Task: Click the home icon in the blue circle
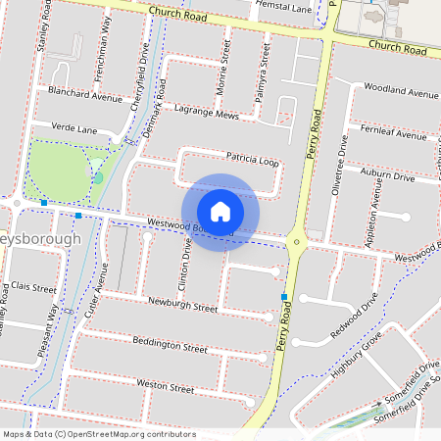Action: [220, 212]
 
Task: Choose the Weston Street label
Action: [166, 387]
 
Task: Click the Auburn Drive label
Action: [388, 175]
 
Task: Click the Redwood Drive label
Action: [354, 315]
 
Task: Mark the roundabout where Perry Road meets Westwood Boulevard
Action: [298, 240]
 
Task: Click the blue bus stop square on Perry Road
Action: [284, 296]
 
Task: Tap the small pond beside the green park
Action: [98, 177]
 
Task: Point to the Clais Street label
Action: [31, 288]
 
